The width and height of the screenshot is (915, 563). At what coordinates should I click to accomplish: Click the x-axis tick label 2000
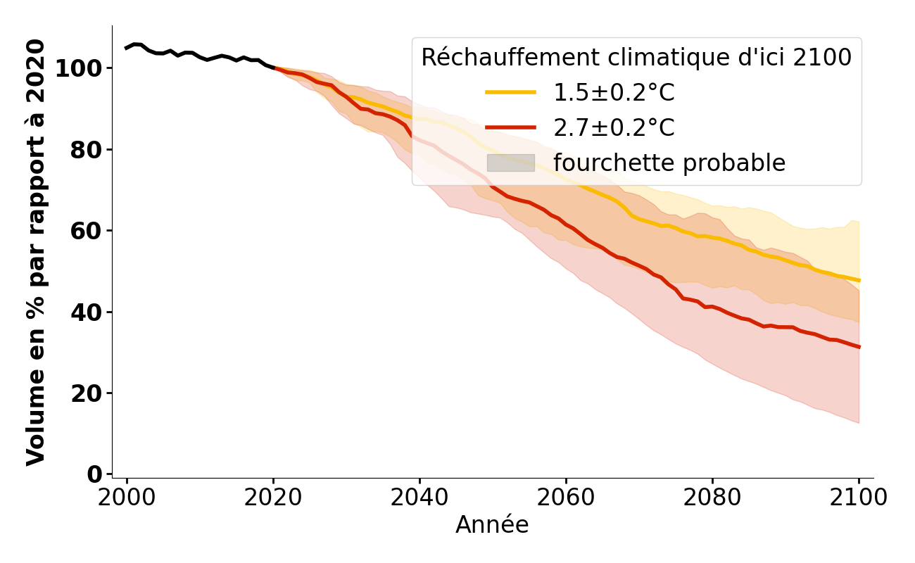pos(127,498)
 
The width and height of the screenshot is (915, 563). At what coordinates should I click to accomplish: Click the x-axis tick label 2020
pos(273,498)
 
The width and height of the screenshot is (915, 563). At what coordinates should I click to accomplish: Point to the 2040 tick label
pos(419,498)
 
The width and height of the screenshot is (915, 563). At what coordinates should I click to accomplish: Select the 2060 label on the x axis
pos(566,498)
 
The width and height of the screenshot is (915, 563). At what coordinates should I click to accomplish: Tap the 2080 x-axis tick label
pos(712,498)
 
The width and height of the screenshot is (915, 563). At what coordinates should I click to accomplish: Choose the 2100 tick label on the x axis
pos(859,498)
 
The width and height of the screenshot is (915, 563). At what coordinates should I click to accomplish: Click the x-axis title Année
pos(492,525)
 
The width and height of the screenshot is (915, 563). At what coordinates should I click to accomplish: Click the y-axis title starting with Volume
pos(36,252)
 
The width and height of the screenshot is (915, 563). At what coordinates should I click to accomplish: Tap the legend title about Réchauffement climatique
pos(636,58)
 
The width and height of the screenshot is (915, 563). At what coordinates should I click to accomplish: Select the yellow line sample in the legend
pos(511,92)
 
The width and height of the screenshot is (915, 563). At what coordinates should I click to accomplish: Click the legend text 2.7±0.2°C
pos(614,127)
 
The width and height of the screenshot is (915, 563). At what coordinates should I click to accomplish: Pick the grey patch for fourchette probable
pos(511,163)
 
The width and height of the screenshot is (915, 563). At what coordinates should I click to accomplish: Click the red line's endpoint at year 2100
pos(859,347)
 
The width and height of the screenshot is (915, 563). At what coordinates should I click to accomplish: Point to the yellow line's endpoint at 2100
pos(859,280)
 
